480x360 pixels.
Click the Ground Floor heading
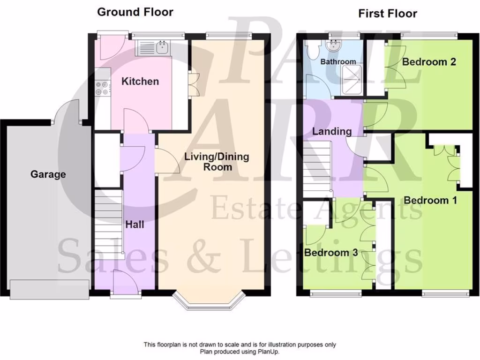(135, 12)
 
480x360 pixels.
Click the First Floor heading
(387, 14)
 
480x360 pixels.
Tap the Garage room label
(48, 174)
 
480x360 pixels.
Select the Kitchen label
(140, 82)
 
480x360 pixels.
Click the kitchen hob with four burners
(102, 89)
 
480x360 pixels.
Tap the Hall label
(135, 225)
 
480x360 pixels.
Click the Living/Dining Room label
(217, 162)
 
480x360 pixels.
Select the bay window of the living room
(209, 302)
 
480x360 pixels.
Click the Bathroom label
(338, 62)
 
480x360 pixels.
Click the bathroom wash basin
(335, 45)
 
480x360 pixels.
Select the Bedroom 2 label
(429, 62)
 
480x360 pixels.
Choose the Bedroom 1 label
(430, 201)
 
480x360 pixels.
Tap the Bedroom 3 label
(331, 253)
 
